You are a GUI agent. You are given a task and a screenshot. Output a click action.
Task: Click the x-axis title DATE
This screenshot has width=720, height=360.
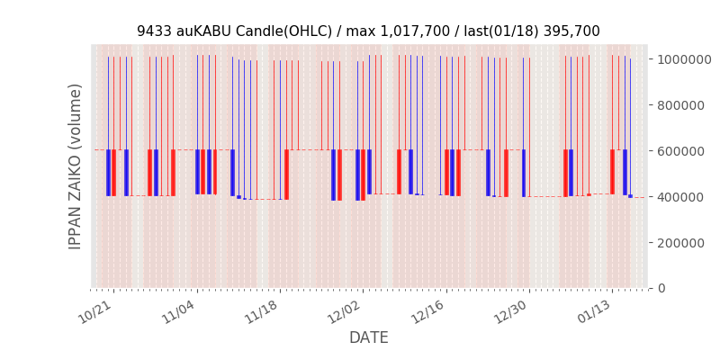click(369, 338)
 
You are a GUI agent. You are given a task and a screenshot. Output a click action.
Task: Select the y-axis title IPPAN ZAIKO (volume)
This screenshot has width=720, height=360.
click(76, 166)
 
